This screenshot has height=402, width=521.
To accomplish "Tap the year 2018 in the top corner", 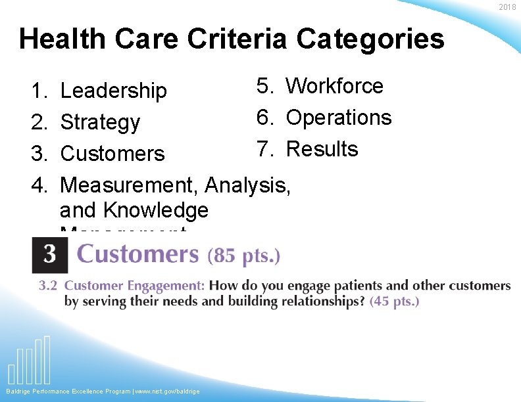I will tap(507, 7).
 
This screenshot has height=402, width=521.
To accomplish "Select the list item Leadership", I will tap(113, 91).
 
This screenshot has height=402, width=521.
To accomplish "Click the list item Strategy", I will tap(100, 122).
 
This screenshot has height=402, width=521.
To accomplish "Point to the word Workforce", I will tap(334, 85).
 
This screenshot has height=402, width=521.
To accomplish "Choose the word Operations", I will tap(339, 118).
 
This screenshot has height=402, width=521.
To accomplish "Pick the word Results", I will tap(322, 149).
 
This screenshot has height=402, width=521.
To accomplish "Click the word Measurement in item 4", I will tap(129, 185).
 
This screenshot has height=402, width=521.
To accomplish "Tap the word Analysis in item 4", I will tap(247, 185).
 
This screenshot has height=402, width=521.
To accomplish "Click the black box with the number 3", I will tap(49, 255).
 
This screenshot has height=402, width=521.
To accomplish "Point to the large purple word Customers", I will tap(137, 254).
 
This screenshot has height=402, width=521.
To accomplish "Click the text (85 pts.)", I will tap(243, 256).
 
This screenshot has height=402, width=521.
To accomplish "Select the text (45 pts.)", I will tap(394, 301).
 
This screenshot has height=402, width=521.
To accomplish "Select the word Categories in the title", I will tap(370, 39).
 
